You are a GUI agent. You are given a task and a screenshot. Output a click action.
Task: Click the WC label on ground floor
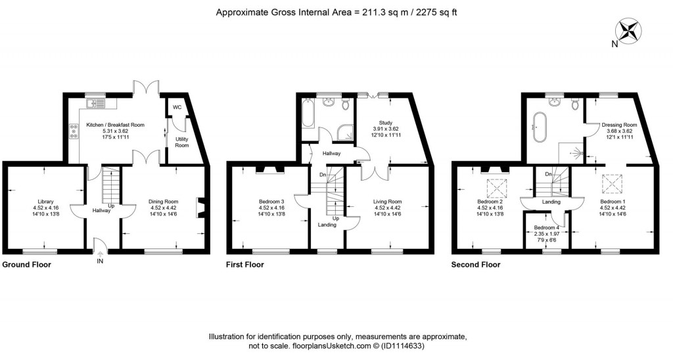[x=177, y=107]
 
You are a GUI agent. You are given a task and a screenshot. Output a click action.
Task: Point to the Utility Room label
[x=181, y=142]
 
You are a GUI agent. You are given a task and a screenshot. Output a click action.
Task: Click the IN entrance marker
[x=100, y=261]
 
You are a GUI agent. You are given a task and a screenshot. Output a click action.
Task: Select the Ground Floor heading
[x=26, y=265]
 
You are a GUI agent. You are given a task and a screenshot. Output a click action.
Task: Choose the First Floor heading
[x=246, y=265]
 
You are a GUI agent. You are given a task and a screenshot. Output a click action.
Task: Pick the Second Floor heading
[x=475, y=265]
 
